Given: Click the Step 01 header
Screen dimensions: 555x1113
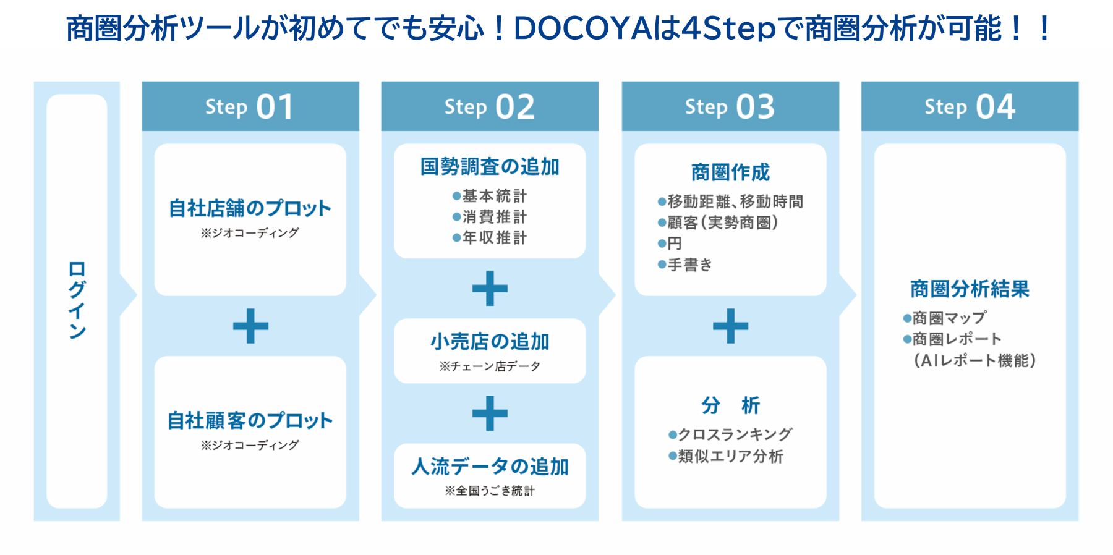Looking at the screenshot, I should pyautogui.click(x=250, y=106).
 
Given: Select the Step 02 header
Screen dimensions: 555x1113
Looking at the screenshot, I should pyautogui.click(x=489, y=106).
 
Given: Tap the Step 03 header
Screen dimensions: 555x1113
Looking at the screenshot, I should pyautogui.click(x=730, y=106).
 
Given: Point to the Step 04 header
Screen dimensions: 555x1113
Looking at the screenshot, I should pyautogui.click(x=970, y=106).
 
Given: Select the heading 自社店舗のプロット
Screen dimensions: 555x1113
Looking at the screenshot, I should pyautogui.click(x=250, y=208).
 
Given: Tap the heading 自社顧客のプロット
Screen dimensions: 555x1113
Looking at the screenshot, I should pyautogui.click(x=250, y=420).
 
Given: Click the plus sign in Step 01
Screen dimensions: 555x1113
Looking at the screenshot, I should pyautogui.click(x=250, y=326).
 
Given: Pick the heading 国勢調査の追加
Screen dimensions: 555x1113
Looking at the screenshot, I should pyautogui.click(x=490, y=167).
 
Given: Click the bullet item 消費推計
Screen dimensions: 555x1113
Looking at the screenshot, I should pyautogui.click(x=493, y=217).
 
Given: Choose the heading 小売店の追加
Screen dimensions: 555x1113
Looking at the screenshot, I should pyautogui.click(x=490, y=341).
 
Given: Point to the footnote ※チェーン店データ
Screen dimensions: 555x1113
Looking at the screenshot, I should pyautogui.click(x=490, y=366).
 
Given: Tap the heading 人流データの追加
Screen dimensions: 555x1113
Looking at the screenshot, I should pyautogui.click(x=490, y=466).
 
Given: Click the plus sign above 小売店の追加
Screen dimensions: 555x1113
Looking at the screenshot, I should pyautogui.click(x=490, y=289).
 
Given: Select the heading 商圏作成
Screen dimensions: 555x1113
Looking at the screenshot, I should pyautogui.click(x=730, y=172).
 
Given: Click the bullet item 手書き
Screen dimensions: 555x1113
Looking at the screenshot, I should pyautogui.click(x=689, y=265).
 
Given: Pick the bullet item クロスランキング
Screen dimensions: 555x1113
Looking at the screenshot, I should pyautogui.click(x=734, y=434).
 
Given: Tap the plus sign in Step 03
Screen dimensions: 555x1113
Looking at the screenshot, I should pyautogui.click(x=730, y=326).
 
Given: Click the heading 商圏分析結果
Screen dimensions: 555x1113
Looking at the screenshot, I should pyautogui.click(x=970, y=289).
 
